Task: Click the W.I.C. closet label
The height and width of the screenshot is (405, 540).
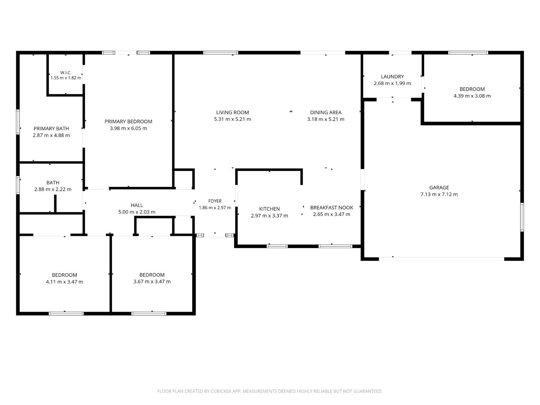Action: [x=66, y=73]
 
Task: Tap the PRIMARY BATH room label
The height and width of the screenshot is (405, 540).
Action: [x=51, y=129]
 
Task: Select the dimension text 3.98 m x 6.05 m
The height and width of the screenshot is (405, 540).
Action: [x=129, y=128]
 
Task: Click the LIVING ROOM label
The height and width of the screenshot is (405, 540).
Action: [x=233, y=112]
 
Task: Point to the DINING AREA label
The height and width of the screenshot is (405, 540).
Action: [x=326, y=112]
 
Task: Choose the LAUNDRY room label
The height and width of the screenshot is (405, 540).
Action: [x=392, y=76]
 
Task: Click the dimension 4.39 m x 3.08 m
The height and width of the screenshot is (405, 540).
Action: [x=472, y=96]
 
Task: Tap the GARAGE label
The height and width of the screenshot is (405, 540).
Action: [x=439, y=187]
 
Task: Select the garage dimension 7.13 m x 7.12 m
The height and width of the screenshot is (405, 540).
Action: [x=439, y=194]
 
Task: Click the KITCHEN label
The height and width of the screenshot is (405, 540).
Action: [x=269, y=209]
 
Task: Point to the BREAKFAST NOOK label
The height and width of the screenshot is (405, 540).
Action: [x=332, y=208]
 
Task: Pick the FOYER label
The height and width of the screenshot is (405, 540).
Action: [x=215, y=201]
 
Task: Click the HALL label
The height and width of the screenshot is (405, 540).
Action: [x=137, y=205]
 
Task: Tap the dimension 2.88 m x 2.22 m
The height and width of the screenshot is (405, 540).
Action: [x=53, y=189]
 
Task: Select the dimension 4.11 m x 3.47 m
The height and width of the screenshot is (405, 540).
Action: [x=64, y=282]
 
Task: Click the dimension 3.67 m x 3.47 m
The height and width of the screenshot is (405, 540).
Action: [x=152, y=282]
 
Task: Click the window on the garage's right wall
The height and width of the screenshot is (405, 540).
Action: [x=522, y=217]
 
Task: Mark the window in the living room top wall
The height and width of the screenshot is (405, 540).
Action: [x=220, y=53]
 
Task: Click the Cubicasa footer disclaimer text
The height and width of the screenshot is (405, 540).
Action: [x=270, y=391]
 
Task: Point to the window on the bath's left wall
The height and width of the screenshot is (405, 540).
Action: [x=18, y=185]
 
